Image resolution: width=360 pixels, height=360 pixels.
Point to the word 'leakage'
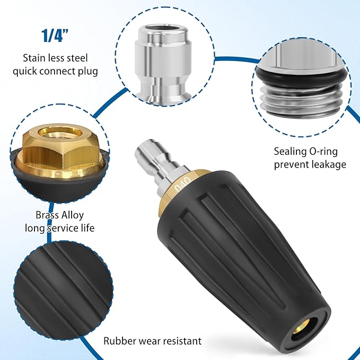(327, 164)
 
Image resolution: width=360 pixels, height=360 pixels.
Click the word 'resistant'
(181, 341)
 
